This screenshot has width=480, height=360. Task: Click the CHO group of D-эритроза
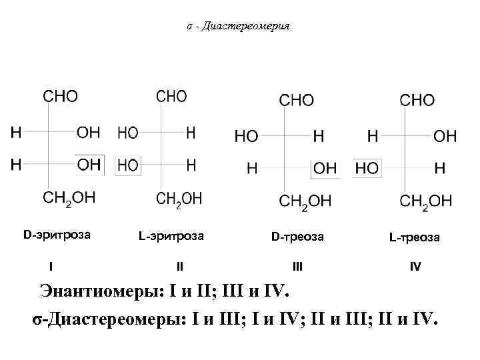point(61,97)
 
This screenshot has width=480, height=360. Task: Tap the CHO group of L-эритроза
point(171,97)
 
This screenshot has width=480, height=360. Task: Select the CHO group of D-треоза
point(296,100)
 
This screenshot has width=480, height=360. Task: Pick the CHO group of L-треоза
point(417,100)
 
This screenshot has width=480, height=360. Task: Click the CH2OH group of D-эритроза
point(69,198)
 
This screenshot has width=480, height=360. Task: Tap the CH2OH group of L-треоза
point(425,201)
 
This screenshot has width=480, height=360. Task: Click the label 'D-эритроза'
point(57,235)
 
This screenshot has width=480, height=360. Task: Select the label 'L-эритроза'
point(171,236)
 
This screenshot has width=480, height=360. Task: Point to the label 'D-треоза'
point(297,237)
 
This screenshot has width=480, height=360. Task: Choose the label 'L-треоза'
point(415,237)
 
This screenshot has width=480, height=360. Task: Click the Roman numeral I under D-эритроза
point(52,267)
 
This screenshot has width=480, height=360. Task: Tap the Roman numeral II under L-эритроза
point(179,267)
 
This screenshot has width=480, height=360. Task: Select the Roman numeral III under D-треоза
point(297,267)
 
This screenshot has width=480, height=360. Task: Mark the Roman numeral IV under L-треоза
point(415,267)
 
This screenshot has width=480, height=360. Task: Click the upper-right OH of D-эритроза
point(89,133)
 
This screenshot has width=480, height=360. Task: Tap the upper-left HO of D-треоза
point(247,137)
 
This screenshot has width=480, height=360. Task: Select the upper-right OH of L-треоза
point(445,137)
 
